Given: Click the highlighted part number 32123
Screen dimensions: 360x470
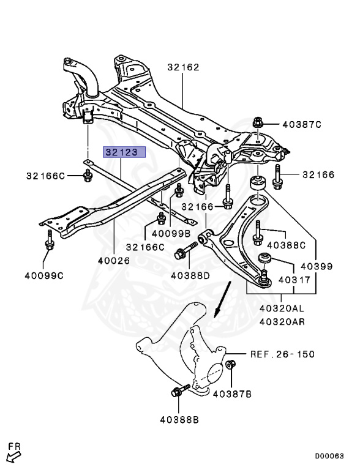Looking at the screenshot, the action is tap(124, 152).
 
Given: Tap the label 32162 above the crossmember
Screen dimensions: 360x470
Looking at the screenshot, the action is tap(183, 67).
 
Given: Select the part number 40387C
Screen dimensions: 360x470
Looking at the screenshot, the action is tap(302, 124).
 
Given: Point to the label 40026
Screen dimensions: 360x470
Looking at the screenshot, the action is tap(114, 261).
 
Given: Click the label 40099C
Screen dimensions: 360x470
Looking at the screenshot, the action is tap(44, 275).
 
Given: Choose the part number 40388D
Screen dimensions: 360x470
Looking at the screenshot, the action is tap(190, 275).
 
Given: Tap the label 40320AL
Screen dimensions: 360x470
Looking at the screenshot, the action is tap(282, 308).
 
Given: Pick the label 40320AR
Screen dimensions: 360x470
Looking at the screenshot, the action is tap(282, 322).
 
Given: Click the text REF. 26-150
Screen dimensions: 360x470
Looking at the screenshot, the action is tap(283, 354).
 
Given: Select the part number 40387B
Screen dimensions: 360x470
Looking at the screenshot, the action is tap(232, 394).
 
